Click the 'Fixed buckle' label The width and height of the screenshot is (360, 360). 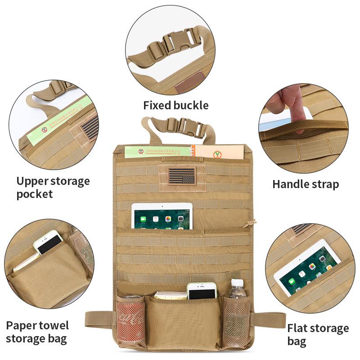coord(176,105)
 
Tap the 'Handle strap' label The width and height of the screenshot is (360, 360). coord(306,184)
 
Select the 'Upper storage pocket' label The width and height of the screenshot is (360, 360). coord(53,188)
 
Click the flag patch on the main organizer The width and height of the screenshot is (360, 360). coord(182,176)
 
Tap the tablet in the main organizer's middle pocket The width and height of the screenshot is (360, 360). coord(162,216)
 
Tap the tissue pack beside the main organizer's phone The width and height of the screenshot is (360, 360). coord(170,295)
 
